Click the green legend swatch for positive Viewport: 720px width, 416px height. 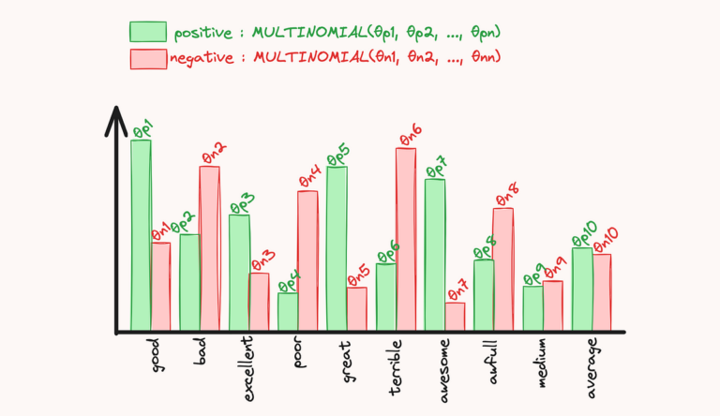click(147, 32)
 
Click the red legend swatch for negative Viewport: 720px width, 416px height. click(147, 58)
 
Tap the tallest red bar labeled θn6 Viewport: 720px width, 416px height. click(405, 239)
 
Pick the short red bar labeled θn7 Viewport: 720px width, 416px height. click(455, 317)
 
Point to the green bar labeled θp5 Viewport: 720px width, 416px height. click(337, 249)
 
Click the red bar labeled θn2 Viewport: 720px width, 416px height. click(209, 248)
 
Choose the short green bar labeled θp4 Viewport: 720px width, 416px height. click(288, 312)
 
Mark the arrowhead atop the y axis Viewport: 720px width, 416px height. click(115, 116)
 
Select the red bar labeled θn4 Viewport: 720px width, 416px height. click(307, 261)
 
